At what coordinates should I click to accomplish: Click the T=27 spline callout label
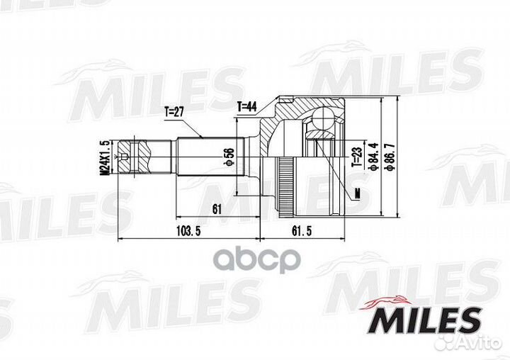175,111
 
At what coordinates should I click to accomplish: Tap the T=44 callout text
246,106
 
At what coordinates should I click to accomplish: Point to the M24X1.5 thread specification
104,157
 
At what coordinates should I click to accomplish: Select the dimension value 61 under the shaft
217,208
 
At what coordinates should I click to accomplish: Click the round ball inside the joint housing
324,116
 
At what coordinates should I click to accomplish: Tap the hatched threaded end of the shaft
142,155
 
